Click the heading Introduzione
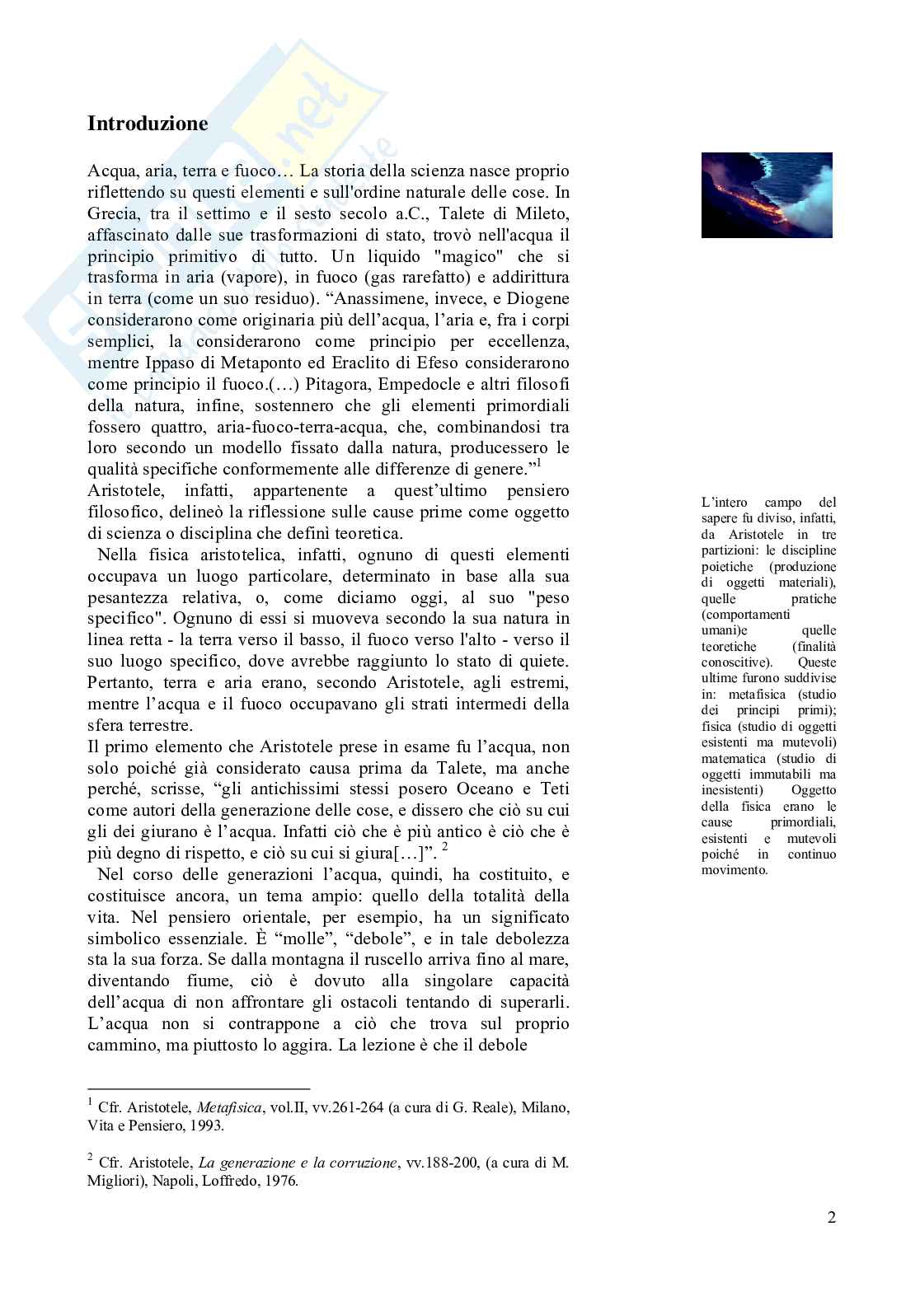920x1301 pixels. point(148,124)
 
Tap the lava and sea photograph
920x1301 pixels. point(766,195)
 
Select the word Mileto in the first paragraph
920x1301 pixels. point(541,214)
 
